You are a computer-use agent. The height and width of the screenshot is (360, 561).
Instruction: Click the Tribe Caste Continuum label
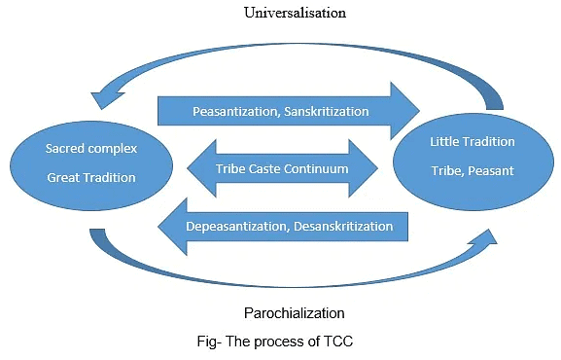282,168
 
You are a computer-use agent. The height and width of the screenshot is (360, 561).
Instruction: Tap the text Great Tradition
91,178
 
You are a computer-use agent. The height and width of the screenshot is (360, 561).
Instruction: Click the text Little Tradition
472,141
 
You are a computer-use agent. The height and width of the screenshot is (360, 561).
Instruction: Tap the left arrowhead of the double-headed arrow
201,168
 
